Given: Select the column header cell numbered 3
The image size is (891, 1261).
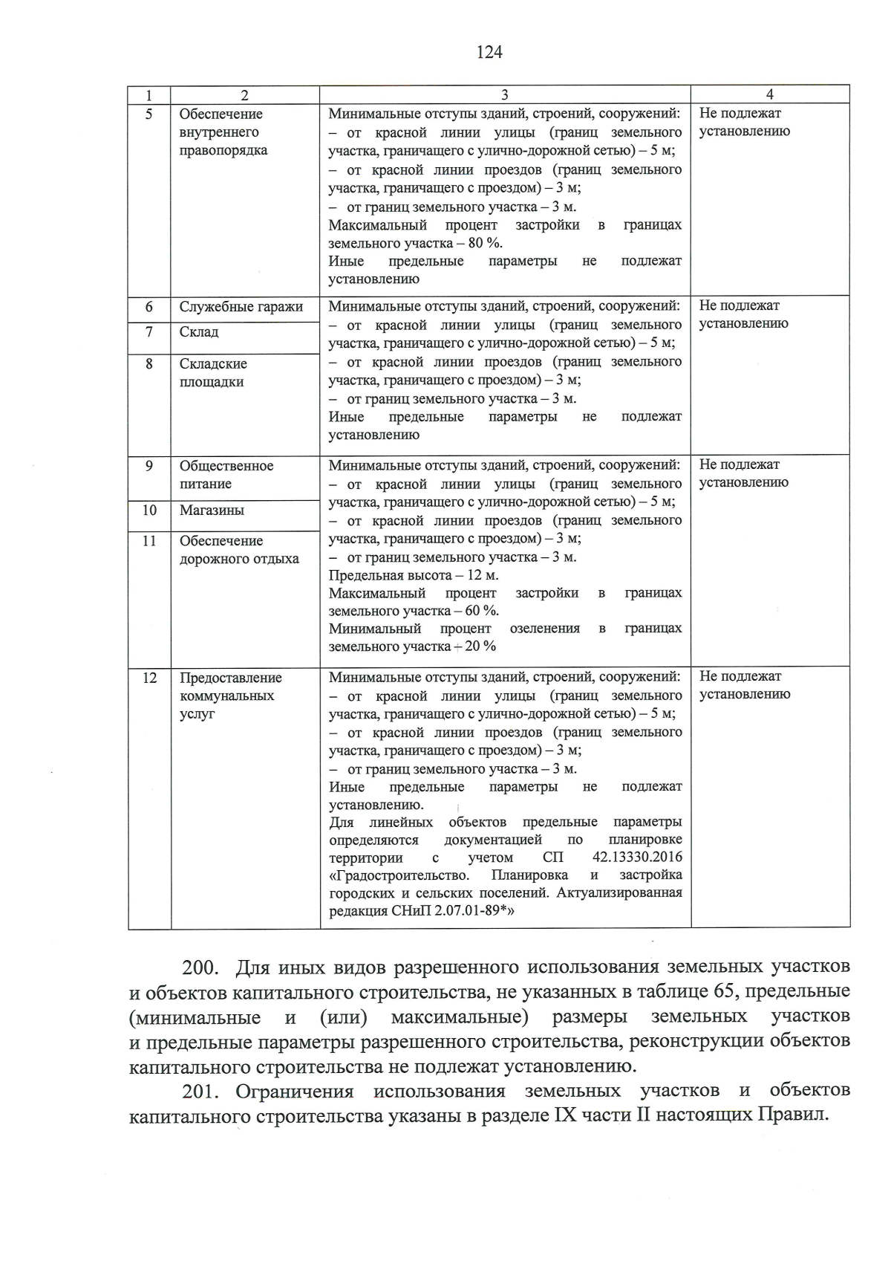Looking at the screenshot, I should coord(504,94).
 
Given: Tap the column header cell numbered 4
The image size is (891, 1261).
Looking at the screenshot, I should coord(769,94).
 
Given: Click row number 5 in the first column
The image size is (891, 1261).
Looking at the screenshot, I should coord(148,114).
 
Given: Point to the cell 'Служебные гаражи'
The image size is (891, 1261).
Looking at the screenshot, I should coord(241,307).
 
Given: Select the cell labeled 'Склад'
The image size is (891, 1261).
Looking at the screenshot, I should coord(199,332).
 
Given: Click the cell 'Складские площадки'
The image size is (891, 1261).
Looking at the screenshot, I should coord(213,372).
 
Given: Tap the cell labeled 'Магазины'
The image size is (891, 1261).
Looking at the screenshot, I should coord(212,510).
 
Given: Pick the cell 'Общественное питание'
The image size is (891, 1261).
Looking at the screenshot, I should coord(226,475).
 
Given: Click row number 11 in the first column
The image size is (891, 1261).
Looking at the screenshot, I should coord(149,541).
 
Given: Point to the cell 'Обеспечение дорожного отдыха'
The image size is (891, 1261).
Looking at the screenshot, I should coord(238,550).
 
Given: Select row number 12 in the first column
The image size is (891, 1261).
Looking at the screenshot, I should coord(149,678).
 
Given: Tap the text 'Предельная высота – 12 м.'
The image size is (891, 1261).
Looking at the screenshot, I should coord(414,575).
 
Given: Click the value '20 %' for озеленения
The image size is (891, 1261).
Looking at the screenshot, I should coord(480,646).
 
